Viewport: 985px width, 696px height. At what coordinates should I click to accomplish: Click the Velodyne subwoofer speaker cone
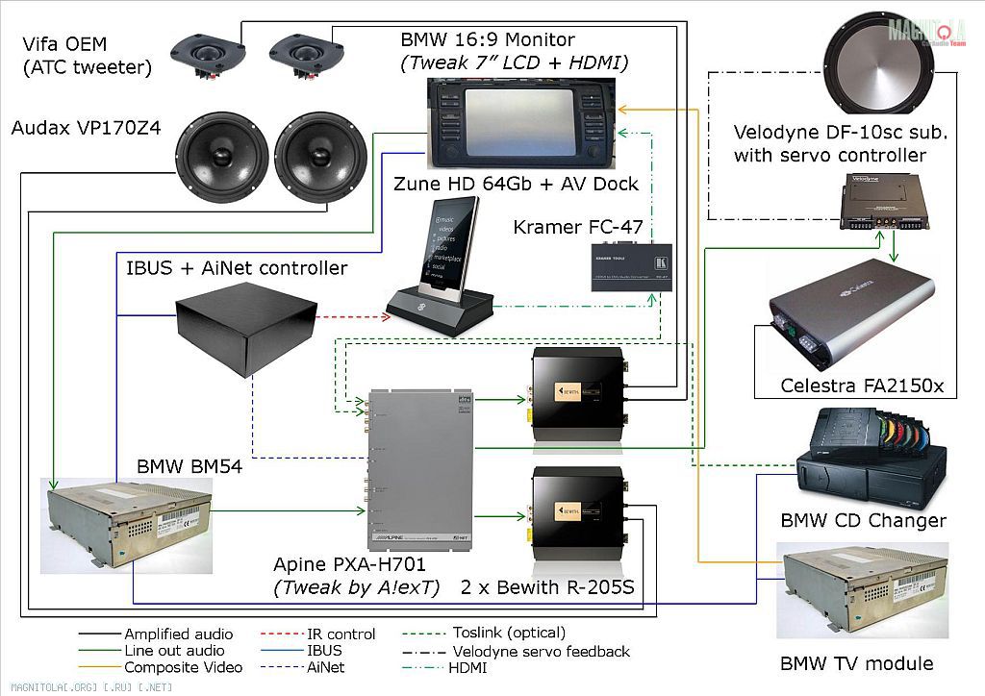[x=879, y=68]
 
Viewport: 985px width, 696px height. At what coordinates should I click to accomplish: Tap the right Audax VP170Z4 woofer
[x=320, y=159]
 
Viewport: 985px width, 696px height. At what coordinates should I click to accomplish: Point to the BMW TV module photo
[x=862, y=590]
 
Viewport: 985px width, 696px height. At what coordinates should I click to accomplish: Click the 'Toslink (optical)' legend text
[x=509, y=633]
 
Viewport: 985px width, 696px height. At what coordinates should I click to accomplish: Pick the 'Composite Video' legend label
[x=183, y=667]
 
